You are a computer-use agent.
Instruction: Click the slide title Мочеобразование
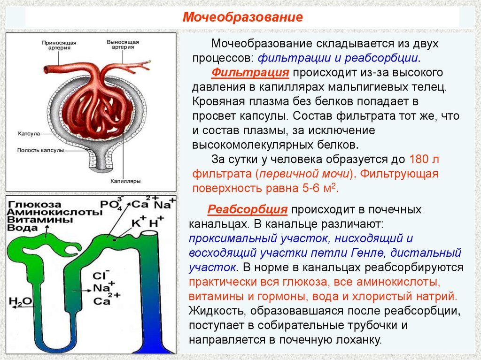pyautogui.click(x=242, y=18)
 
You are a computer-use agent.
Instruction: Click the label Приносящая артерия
pyautogui.click(x=59, y=45)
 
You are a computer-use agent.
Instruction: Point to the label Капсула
pyautogui.click(x=28, y=133)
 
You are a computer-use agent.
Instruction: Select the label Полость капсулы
pyautogui.click(x=40, y=151)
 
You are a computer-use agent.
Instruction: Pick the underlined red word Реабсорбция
pyautogui.click(x=248, y=209)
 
